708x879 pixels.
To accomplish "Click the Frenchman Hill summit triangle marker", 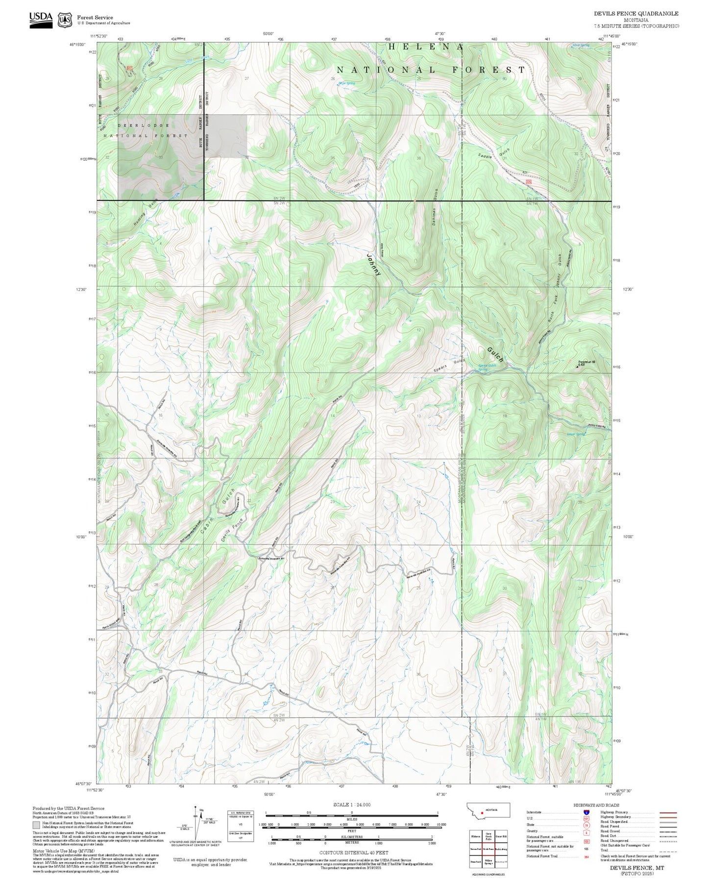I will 576,366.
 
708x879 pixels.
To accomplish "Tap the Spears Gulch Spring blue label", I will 487,367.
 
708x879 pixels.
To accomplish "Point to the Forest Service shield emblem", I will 64,20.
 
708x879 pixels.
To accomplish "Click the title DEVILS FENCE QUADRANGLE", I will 636,14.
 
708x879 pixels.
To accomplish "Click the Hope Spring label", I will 346,83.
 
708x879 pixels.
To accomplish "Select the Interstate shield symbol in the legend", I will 586,812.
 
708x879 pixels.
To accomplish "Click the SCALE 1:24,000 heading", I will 351,805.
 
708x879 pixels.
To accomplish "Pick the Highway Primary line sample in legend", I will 668,812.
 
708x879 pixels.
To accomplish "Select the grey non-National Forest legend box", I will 36,825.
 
